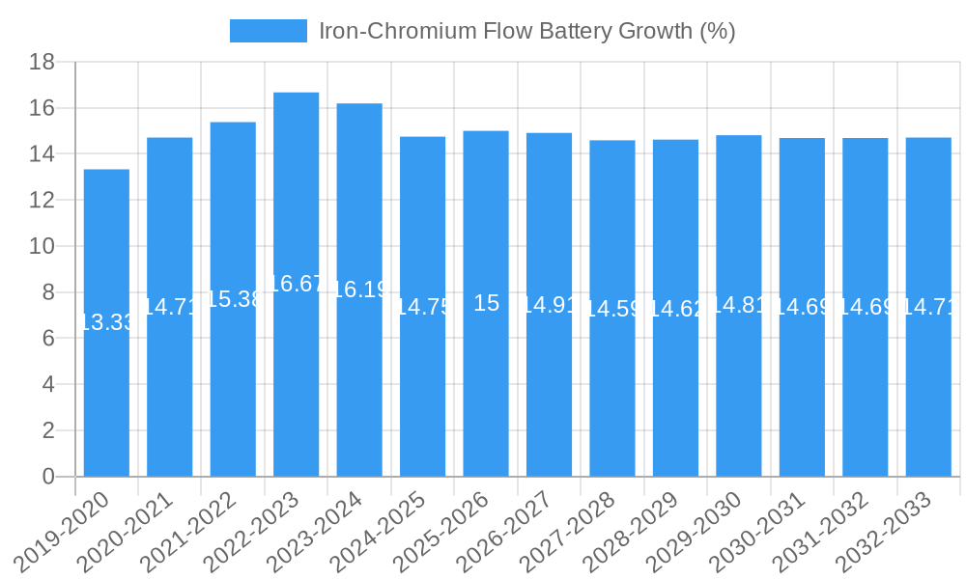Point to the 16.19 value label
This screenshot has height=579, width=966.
(x=359, y=289)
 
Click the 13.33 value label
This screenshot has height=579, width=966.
(x=106, y=322)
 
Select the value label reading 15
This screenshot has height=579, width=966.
(x=486, y=303)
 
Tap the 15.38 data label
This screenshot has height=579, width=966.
(x=233, y=299)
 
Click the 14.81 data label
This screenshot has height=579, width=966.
(x=739, y=305)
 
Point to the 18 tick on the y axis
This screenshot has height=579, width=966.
(x=42, y=63)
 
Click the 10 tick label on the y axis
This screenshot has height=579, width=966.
(x=42, y=247)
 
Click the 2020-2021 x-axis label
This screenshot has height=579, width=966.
(x=126, y=531)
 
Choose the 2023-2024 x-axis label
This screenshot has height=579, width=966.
(x=315, y=531)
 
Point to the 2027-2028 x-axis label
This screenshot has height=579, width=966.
(x=568, y=531)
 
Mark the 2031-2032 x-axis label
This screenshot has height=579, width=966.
(x=821, y=531)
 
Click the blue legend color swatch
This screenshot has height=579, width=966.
(x=268, y=31)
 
